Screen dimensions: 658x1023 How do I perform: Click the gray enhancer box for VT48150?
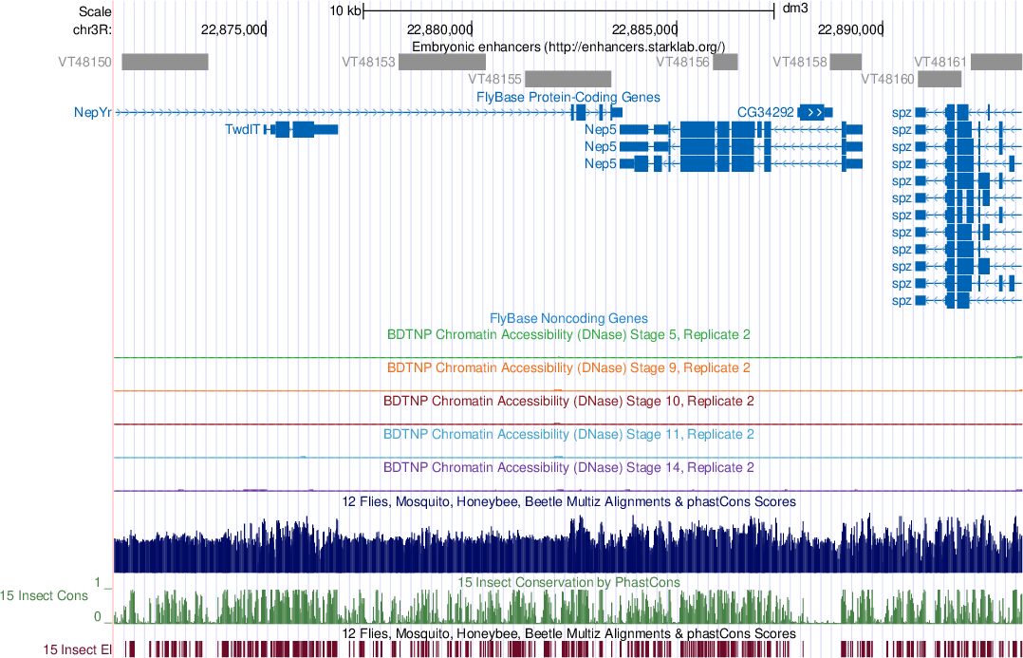click(164, 62)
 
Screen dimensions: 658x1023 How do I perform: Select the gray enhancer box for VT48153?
click(442, 62)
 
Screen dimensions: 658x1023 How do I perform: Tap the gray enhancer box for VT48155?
click(567, 79)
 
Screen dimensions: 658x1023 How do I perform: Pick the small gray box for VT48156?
click(726, 62)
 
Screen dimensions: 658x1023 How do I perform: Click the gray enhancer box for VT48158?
click(845, 62)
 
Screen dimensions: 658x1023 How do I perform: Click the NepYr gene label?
click(92, 112)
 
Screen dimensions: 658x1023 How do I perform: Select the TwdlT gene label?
click(242, 129)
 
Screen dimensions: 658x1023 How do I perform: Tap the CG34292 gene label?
click(765, 112)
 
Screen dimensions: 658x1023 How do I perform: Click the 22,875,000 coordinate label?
click(232, 28)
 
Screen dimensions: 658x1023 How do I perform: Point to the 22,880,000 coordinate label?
click(438, 28)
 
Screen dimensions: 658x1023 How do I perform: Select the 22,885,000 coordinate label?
click(644, 28)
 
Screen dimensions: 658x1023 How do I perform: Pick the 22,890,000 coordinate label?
click(850, 28)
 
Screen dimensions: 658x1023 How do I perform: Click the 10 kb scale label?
click(345, 11)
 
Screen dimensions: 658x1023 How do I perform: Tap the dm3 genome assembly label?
click(794, 10)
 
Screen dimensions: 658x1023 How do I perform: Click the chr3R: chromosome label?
click(92, 28)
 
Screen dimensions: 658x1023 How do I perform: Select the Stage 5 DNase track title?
click(568, 335)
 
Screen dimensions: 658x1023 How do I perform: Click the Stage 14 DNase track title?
click(568, 468)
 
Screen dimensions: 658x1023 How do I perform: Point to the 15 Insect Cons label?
click(45, 596)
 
